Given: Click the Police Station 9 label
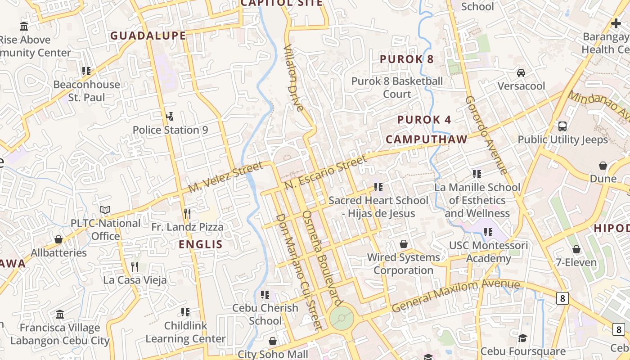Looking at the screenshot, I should click(x=170, y=130).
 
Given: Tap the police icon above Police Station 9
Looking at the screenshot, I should click(x=170, y=117).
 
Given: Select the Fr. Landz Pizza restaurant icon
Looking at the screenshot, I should click(x=187, y=213).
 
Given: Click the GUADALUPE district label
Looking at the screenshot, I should click(x=148, y=36).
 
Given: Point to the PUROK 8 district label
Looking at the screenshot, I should click(x=407, y=59).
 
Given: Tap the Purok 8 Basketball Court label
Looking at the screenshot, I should click(x=397, y=88).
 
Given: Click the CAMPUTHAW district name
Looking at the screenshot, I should click(x=427, y=139).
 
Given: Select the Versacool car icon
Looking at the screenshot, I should click(x=521, y=73).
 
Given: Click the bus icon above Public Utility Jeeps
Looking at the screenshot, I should click(x=562, y=126).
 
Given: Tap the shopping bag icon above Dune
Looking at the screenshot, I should click(x=603, y=166).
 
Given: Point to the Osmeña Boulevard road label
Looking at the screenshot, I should click(x=322, y=258).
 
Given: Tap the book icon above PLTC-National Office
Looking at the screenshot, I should click(x=105, y=210).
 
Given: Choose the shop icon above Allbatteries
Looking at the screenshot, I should click(x=58, y=239).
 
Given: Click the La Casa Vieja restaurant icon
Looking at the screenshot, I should click(x=135, y=267).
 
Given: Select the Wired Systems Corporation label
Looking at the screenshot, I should click(x=404, y=264).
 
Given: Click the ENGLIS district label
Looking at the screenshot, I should click(x=201, y=244).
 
